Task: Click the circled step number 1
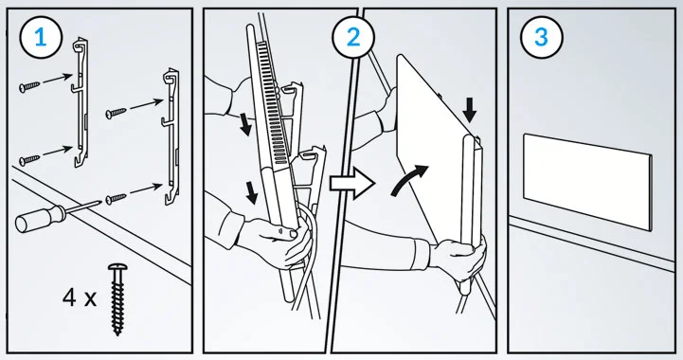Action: [x=41, y=38]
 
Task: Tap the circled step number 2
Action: [x=353, y=38]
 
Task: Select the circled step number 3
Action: [x=542, y=38]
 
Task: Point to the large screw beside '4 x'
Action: [x=117, y=299]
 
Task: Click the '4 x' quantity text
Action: [x=79, y=298]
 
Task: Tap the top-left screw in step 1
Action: [x=29, y=86]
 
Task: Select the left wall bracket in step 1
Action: [x=81, y=102]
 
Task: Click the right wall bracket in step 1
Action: [x=171, y=136]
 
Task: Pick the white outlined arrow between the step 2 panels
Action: [x=352, y=183]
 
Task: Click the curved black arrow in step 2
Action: [x=409, y=179]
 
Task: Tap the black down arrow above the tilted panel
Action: [x=470, y=110]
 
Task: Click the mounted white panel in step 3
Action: [x=587, y=182]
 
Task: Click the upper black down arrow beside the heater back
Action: [x=245, y=124]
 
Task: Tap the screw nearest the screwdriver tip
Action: [x=116, y=199]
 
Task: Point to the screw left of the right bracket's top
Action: [x=116, y=114]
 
